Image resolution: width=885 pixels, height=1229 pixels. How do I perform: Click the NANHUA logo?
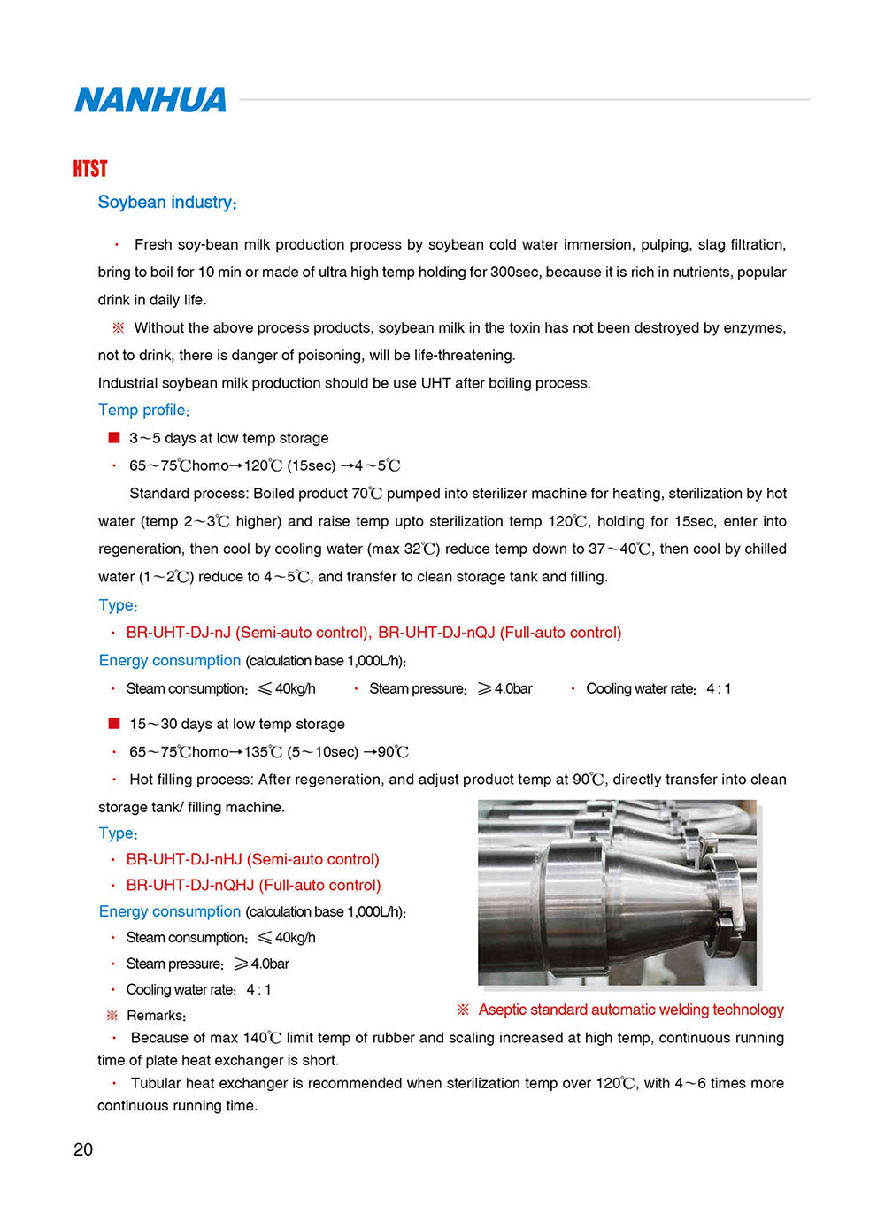pyautogui.click(x=150, y=100)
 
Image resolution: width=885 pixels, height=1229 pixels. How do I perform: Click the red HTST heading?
pyautogui.click(x=89, y=168)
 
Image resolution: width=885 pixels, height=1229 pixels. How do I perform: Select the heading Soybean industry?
pyautogui.click(x=166, y=202)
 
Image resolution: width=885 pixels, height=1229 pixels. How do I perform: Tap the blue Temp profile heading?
pyautogui.click(x=143, y=410)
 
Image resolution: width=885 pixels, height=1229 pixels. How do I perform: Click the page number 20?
pyautogui.click(x=83, y=1149)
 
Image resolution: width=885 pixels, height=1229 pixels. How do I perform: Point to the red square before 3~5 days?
pyautogui.click(x=114, y=437)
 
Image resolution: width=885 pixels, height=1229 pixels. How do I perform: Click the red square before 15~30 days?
pyautogui.click(x=114, y=724)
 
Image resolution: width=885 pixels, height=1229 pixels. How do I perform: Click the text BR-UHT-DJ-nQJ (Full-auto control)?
pyautogui.click(x=499, y=633)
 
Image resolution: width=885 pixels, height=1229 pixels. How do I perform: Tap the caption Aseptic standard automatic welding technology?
pyautogui.click(x=630, y=1010)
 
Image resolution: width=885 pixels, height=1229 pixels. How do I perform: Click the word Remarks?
pyautogui.click(x=156, y=1016)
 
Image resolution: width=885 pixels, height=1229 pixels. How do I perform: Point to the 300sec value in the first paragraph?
pyautogui.click(x=515, y=273)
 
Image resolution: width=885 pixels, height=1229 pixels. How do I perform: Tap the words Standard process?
pyautogui.click(x=188, y=494)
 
